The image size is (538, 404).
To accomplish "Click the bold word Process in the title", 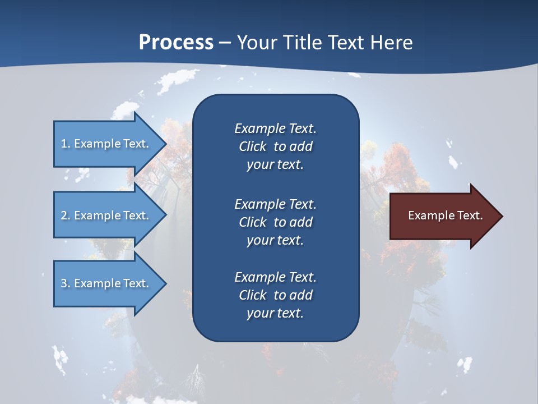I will (x=176, y=43).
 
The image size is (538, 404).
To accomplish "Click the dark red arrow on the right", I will (x=443, y=215).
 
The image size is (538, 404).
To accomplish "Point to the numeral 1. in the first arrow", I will (x=66, y=144).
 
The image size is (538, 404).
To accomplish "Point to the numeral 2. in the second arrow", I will (x=66, y=215).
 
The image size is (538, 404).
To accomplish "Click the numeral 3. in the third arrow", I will (x=66, y=283).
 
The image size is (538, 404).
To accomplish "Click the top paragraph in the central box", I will (x=275, y=146).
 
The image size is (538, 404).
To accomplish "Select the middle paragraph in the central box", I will (x=275, y=222).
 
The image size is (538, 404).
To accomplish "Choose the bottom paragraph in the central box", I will (x=275, y=295).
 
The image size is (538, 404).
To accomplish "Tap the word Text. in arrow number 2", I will (x=136, y=215).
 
